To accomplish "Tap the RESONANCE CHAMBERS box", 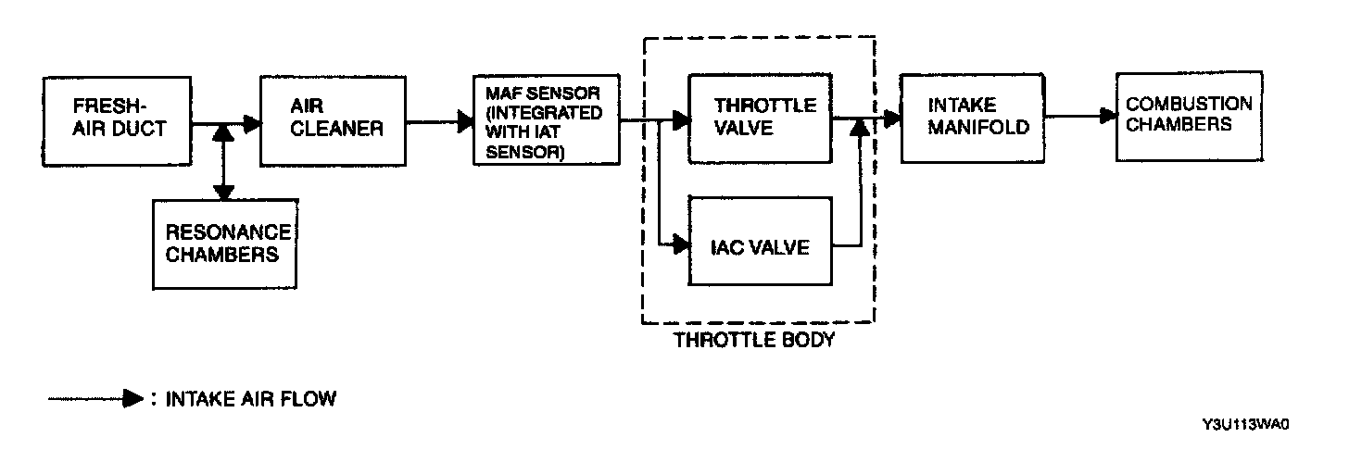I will pyautogui.click(x=226, y=242).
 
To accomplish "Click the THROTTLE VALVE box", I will pyautogui.click(x=761, y=117).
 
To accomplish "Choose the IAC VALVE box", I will pyautogui.click(x=761, y=247).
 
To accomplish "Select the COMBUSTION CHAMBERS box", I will pyautogui.click(x=1189, y=114).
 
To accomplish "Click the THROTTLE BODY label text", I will pyautogui.click(x=754, y=340).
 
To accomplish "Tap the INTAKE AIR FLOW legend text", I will pyautogui.click(x=250, y=400).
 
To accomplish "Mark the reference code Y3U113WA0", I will pyautogui.click(x=1245, y=424).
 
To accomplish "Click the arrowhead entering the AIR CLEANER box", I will pyautogui.click(x=251, y=120).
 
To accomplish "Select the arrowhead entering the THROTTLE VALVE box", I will pyautogui.click(x=681, y=120).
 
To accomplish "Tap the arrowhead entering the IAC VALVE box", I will pyautogui.click(x=681, y=245).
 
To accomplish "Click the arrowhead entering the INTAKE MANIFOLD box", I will pyautogui.click(x=892, y=118).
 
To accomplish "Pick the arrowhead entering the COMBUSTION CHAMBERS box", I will pyautogui.click(x=1108, y=116).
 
